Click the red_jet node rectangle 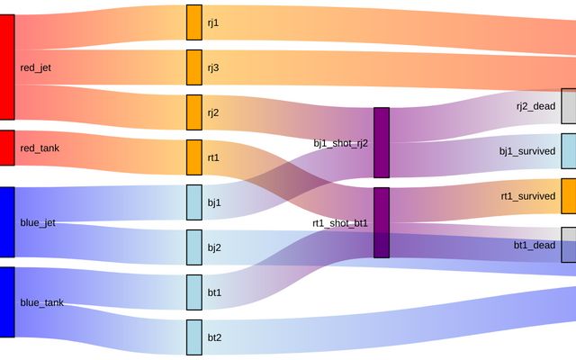click(x=7, y=67)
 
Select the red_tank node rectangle click(x=7, y=148)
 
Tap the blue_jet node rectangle click(x=7, y=221)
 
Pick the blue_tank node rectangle click(x=7, y=301)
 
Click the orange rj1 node click(x=194, y=22)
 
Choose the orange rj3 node click(x=194, y=67)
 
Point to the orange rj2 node click(x=194, y=112)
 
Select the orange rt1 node click(x=194, y=157)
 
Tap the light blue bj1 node click(x=194, y=202)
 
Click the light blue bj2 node click(x=194, y=247)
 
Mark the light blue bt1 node click(x=194, y=292)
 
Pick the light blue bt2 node click(x=194, y=337)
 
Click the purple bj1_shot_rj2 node click(x=382, y=142)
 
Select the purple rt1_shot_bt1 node click(x=382, y=222)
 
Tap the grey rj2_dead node click(x=568, y=106)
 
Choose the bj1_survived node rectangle click(x=568, y=151)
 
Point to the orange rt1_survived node click(x=568, y=196)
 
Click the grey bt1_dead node click(x=568, y=245)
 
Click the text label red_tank click(x=40, y=148)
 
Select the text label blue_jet click(x=38, y=222)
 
